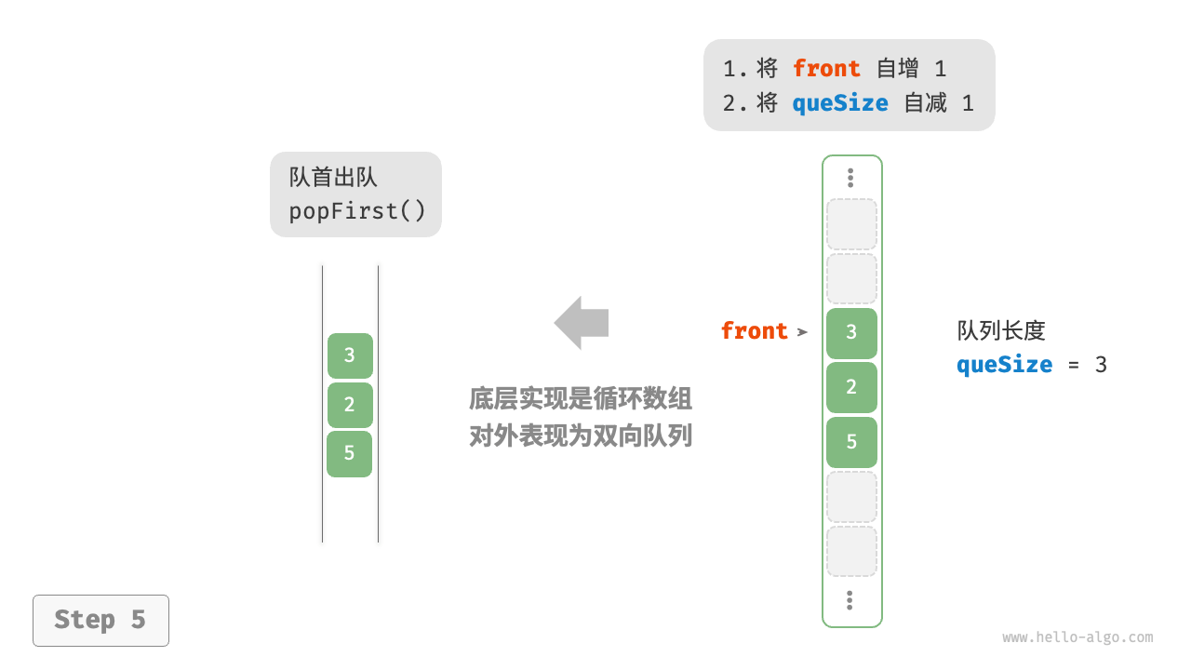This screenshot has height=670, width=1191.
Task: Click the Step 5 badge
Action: point(100,620)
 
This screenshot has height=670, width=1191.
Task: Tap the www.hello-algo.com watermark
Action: point(1077,637)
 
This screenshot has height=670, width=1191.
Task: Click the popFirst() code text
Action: point(357,211)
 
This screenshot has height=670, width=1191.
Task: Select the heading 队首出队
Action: point(333,177)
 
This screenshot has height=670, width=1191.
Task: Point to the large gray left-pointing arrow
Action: point(582,323)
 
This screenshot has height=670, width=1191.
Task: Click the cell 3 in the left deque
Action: point(350,355)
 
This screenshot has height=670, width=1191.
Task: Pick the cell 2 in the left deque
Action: point(350,405)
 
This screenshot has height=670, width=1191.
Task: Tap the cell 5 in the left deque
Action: point(350,453)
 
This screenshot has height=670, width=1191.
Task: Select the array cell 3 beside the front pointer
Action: point(851,332)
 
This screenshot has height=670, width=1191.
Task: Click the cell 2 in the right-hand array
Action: point(851,387)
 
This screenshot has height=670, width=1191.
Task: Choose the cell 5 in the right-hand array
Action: point(851,442)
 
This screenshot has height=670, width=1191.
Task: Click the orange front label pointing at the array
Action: point(755,331)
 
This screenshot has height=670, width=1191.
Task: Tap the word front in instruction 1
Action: point(826,69)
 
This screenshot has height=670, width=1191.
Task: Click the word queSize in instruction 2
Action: point(840,103)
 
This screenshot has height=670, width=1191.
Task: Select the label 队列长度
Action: point(1001,330)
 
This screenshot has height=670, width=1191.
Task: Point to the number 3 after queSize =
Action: point(1101,365)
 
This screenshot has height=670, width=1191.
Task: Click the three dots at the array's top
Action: point(850,178)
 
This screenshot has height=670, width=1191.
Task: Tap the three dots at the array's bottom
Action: point(850,600)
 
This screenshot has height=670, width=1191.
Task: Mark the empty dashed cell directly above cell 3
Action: point(851,279)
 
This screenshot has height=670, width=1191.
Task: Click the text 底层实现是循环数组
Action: point(581,399)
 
